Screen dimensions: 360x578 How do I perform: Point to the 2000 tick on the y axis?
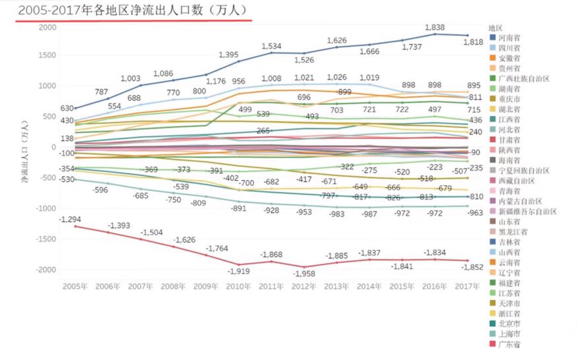[48, 27]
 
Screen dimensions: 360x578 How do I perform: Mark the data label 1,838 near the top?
[434, 28]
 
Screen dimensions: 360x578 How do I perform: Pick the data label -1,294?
[71, 219]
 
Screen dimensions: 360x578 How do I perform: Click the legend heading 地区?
[496, 28]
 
